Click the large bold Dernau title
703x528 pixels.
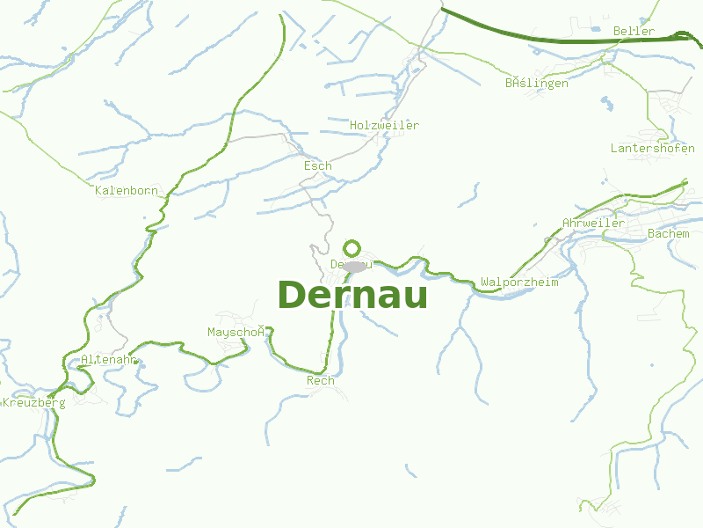352,296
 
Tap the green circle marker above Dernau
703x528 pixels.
352,248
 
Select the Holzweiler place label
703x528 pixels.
384,126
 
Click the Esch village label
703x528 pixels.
317,165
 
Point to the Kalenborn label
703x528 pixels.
126,190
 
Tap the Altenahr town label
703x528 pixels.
107,360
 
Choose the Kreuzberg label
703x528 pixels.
34,403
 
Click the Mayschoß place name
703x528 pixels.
236,332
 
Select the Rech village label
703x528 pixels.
320,381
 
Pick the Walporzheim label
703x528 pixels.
518,282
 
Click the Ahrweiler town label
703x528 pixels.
593,224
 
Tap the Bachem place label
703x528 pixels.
668,233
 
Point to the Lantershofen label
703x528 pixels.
652,149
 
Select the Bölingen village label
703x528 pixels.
536,84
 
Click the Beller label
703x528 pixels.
634,32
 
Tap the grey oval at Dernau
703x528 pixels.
354,266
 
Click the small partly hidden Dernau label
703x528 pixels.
337,264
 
